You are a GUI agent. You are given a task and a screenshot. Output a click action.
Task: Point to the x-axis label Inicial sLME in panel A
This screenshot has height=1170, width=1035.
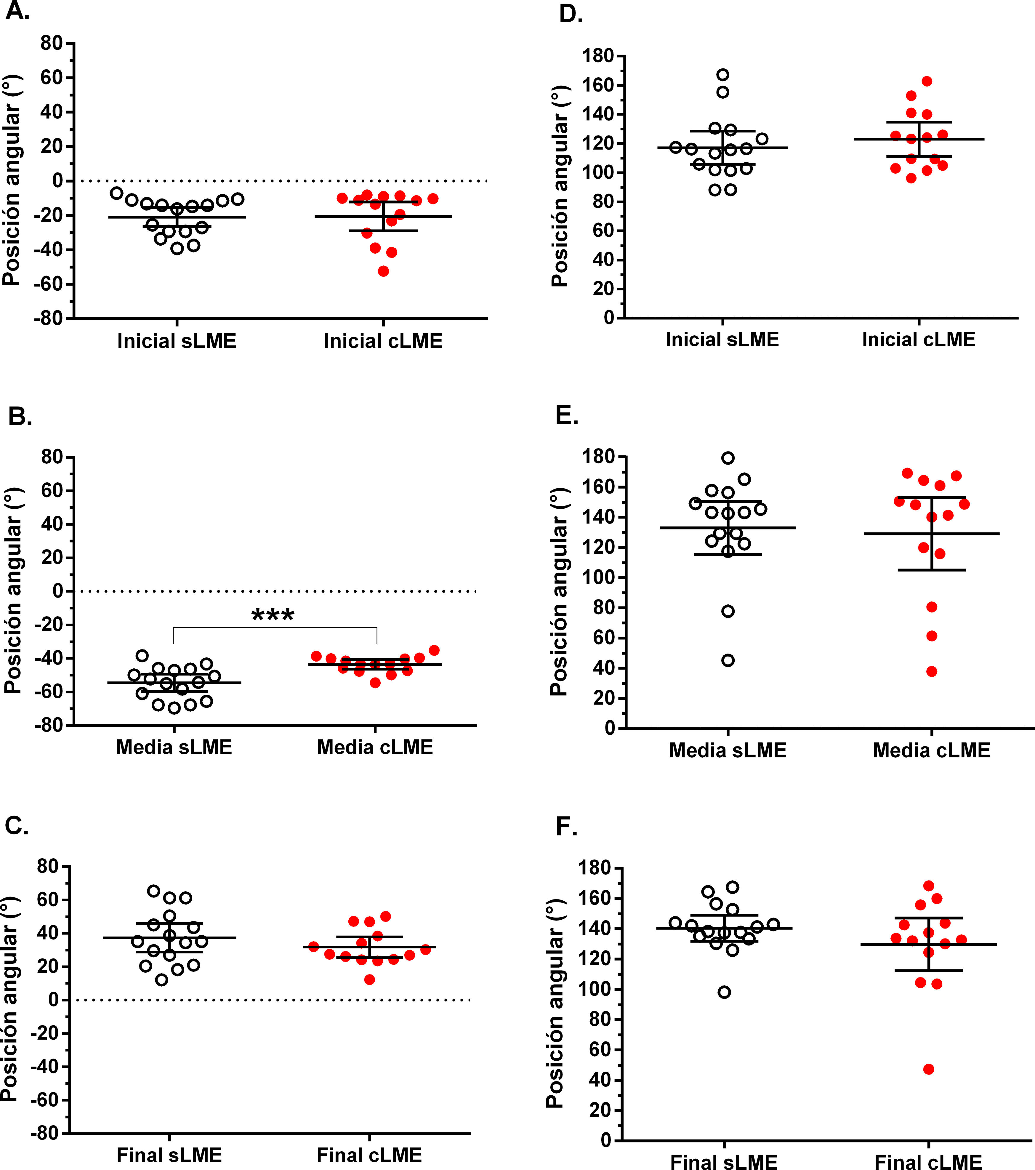click(x=176, y=341)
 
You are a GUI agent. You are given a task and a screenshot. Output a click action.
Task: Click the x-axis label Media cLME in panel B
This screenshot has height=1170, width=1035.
click(x=375, y=748)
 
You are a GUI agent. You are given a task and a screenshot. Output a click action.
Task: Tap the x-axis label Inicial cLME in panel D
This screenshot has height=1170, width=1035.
click(x=918, y=340)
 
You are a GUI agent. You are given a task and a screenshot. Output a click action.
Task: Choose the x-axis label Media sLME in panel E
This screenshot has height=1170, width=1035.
click(x=728, y=750)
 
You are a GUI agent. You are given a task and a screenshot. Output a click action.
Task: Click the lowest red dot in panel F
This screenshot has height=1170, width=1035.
click(x=929, y=1069)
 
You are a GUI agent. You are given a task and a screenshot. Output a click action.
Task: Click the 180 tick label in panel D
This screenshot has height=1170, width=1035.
click(x=598, y=56)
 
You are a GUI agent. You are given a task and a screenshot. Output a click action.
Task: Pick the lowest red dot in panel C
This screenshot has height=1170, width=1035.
click(x=370, y=980)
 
